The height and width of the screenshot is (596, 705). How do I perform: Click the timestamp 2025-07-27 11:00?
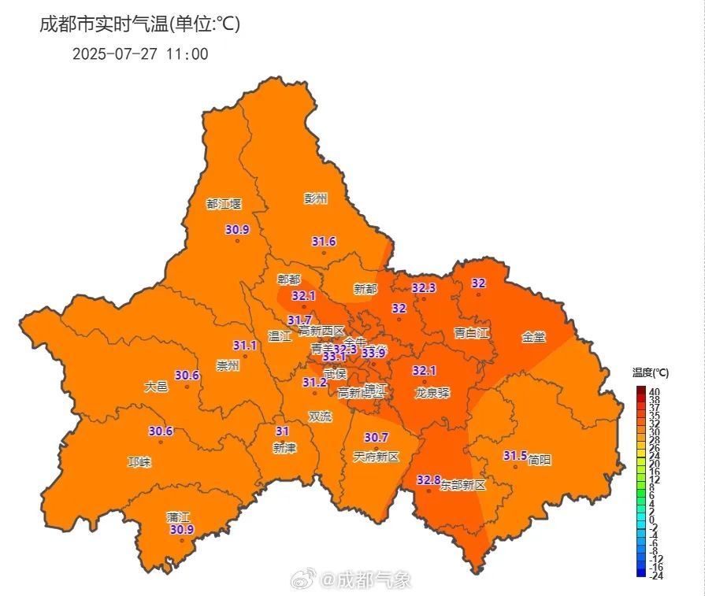point(140,54)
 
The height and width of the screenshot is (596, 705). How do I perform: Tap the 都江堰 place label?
point(224,204)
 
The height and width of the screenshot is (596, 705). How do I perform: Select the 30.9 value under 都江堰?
point(237,230)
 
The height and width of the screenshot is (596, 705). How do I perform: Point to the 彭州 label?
point(315,198)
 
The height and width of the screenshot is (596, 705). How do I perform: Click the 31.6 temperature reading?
point(324,242)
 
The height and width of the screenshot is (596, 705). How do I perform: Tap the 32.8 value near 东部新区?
point(429,479)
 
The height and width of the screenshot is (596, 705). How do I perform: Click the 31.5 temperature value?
point(514,456)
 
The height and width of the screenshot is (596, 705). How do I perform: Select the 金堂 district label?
point(533,337)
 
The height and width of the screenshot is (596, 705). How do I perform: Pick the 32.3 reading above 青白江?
point(424,288)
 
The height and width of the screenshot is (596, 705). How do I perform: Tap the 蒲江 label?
point(178,517)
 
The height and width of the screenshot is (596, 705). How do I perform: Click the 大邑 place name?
point(156,387)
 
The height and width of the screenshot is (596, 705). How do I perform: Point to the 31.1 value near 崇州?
point(245,346)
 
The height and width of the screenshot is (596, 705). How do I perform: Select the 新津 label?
point(284,448)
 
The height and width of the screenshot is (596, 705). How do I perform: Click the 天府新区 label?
point(377,457)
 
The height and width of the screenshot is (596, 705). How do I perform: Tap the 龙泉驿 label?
point(432,392)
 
